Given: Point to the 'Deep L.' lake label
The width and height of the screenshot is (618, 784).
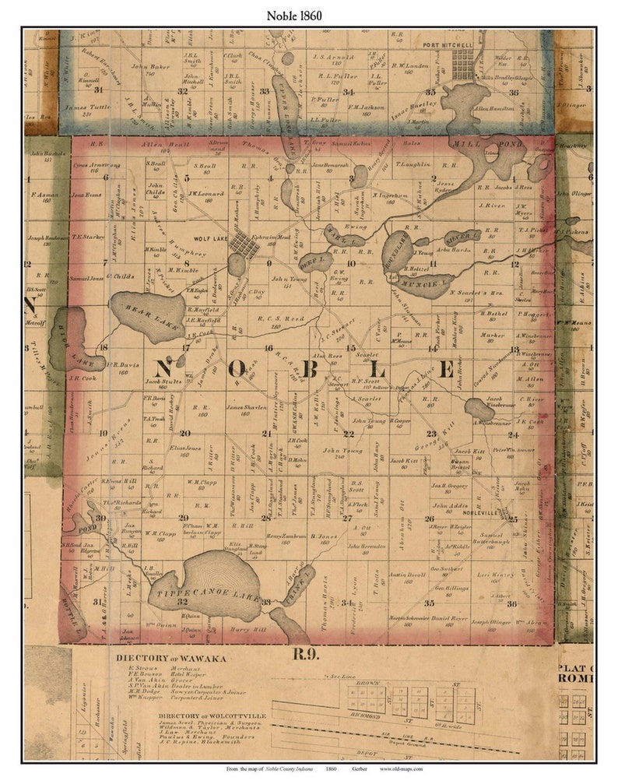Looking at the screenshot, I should [311, 260].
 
